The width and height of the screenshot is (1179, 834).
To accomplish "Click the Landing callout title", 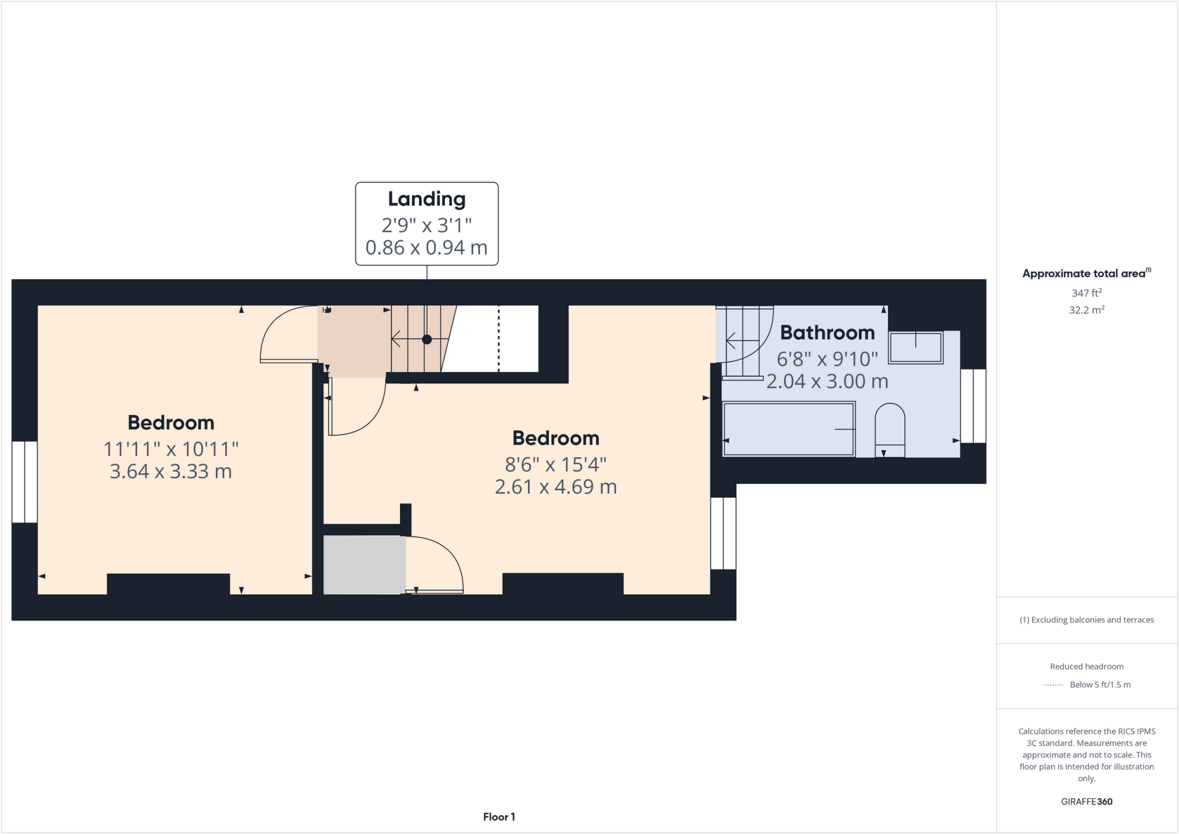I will pos(427,199).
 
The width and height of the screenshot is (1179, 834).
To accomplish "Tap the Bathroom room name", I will pos(827,333).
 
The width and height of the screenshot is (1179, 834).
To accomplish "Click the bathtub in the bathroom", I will pos(789,429).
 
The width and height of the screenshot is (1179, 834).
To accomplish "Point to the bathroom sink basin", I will pos(915,348).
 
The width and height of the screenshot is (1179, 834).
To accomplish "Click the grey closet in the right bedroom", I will pos(364,565).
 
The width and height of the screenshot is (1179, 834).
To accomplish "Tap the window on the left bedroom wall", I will pos(25,482).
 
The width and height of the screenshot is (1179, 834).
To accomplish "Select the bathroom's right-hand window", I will pos(973,406).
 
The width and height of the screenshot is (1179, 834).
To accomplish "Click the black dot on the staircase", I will pos(427,340).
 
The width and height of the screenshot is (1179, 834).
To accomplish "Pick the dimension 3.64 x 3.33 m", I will pos(170,471).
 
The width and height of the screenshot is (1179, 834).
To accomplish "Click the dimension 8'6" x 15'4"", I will pos(556,464).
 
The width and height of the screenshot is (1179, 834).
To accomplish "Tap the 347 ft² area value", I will pos(1086,293).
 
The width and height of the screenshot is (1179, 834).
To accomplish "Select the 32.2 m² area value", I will pos(1086,310).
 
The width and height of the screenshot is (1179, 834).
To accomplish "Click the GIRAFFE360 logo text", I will pos(1086,801).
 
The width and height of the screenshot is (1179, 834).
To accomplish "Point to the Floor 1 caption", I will pos(499,817).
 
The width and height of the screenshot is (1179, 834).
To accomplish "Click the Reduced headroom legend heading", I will pos(1086,667).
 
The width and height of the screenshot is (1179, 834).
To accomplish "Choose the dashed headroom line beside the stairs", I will pos(499,340).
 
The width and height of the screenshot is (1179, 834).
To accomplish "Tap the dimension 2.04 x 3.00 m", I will pos(827,382).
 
